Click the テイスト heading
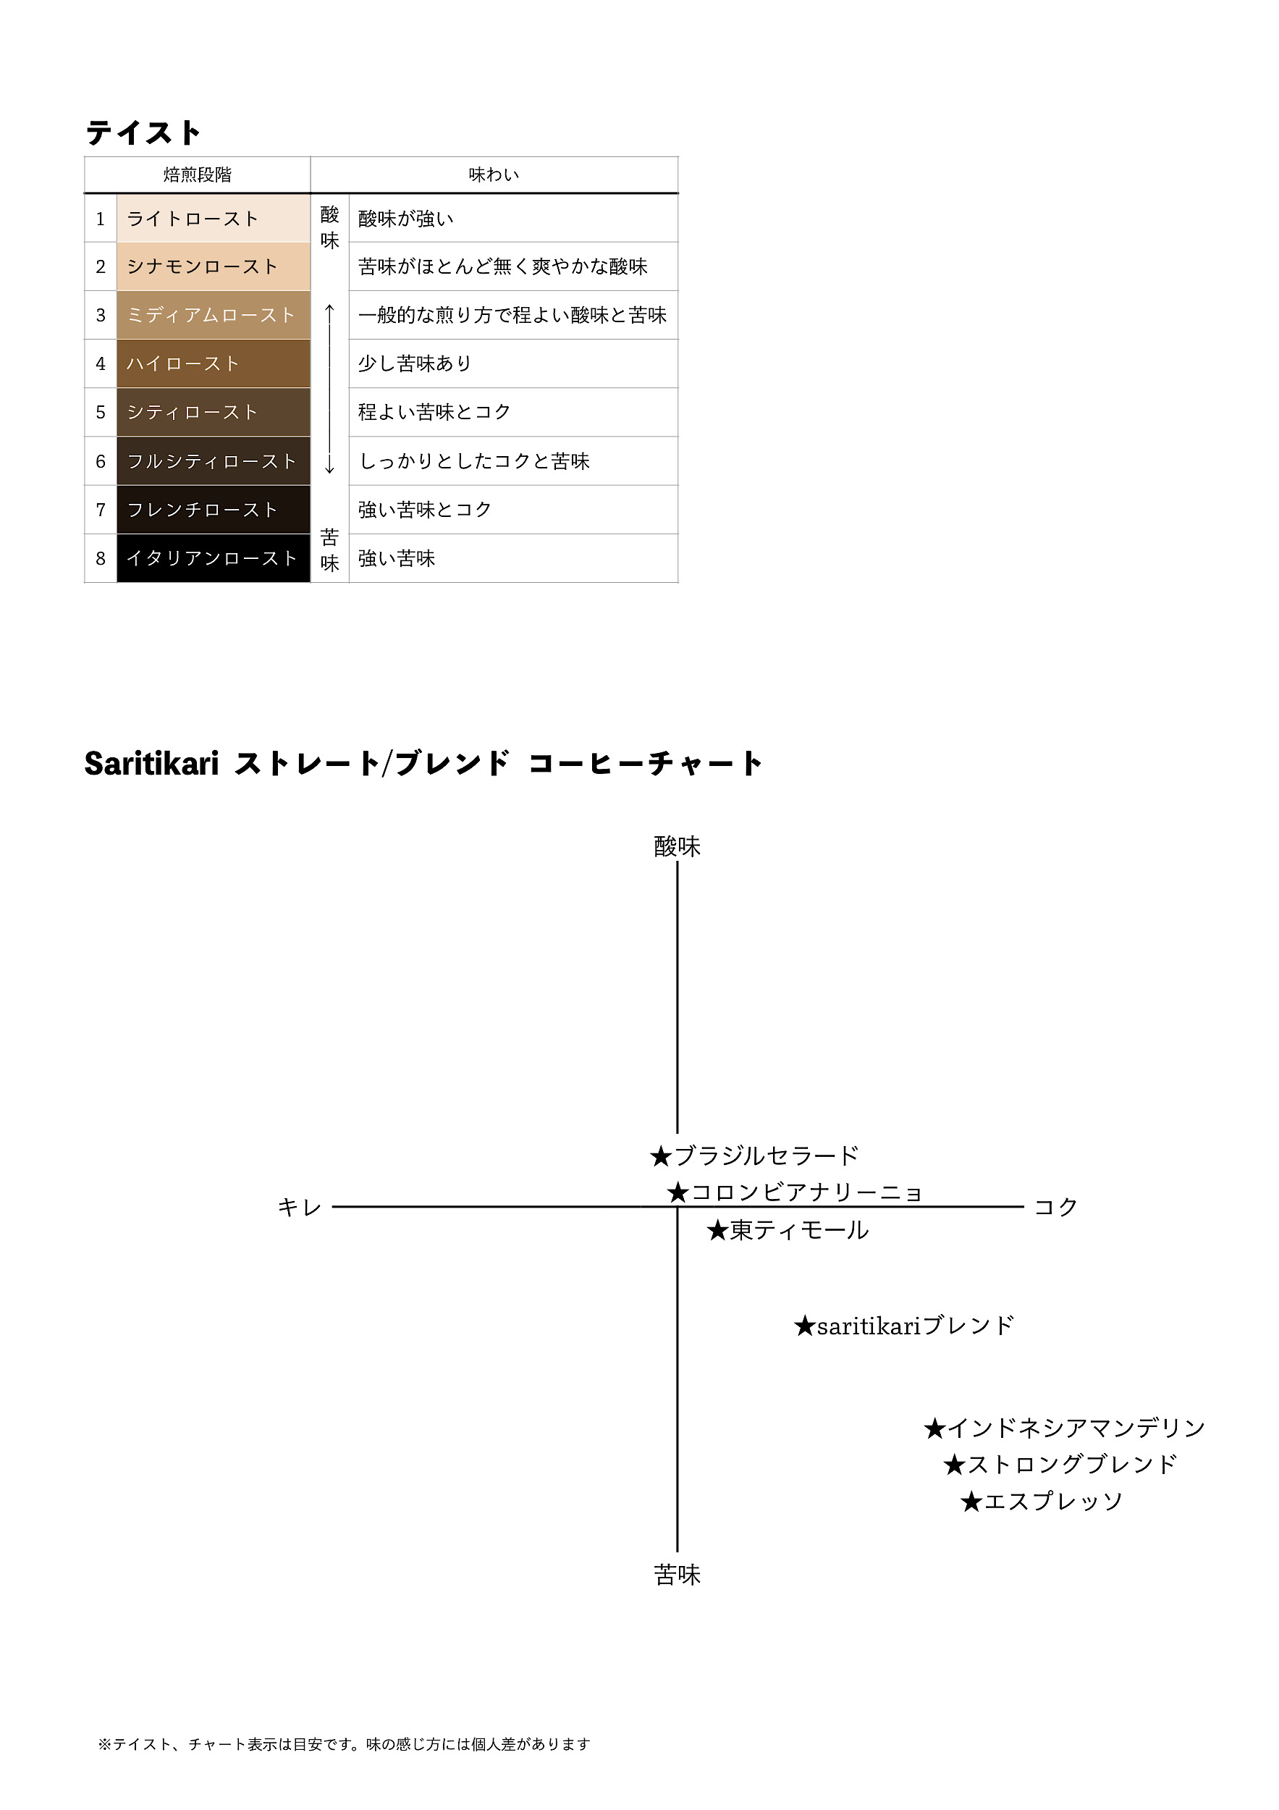point(143,132)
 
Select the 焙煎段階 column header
point(197,174)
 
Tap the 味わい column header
point(494,174)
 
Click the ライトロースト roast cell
point(214,219)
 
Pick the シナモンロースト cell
point(214,266)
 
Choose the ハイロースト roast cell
point(214,363)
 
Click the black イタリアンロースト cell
point(214,558)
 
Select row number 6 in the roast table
point(100,461)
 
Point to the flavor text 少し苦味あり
point(415,363)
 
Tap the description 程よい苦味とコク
point(434,411)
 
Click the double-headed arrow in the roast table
point(329,388)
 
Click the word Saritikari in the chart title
point(151,763)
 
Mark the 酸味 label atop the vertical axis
point(677,846)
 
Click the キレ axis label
point(300,1207)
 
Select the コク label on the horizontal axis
point(1056,1207)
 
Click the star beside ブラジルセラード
point(660,1156)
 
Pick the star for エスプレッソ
point(971,1502)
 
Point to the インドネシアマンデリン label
point(1076,1428)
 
